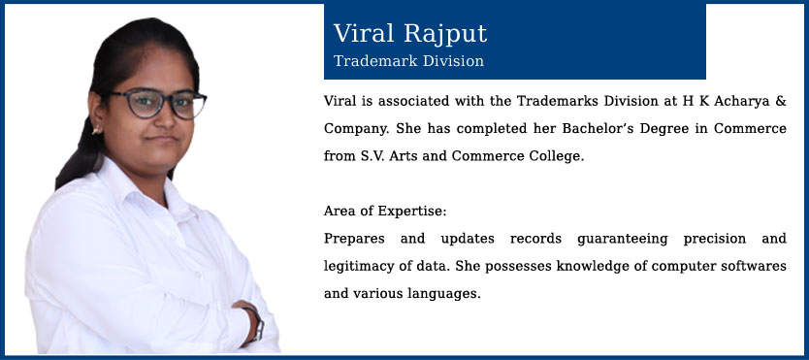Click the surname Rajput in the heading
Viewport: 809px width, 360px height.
point(444,35)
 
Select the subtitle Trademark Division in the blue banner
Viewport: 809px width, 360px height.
point(408,61)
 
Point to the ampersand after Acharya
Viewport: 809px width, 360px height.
point(781,101)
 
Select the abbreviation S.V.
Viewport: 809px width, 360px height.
point(372,156)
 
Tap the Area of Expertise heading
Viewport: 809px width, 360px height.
point(385,211)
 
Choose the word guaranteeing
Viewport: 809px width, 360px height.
point(622,240)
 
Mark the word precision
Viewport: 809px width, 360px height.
point(715,240)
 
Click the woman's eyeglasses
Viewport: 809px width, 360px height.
point(157,103)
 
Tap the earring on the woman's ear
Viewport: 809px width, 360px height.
point(96,129)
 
